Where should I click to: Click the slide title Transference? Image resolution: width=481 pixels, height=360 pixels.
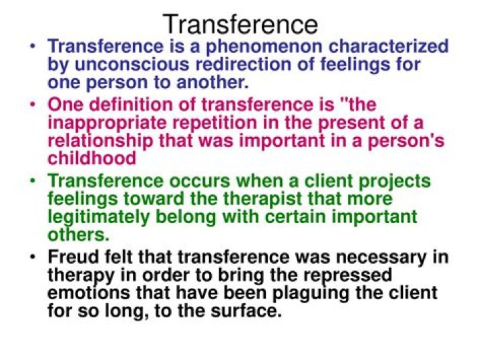click(x=240, y=24)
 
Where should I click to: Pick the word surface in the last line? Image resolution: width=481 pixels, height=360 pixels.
click(x=247, y=311)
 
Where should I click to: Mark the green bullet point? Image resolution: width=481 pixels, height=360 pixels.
click(x=33, y=182)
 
